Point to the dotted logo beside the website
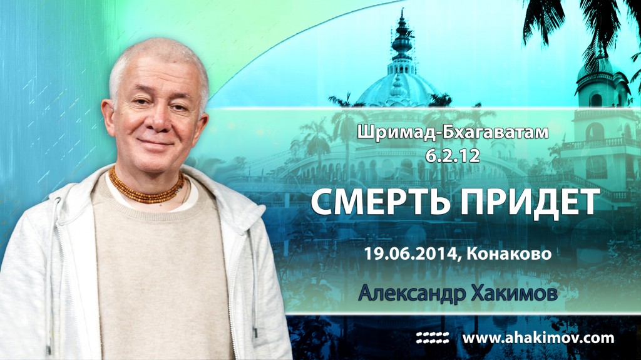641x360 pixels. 433,338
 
